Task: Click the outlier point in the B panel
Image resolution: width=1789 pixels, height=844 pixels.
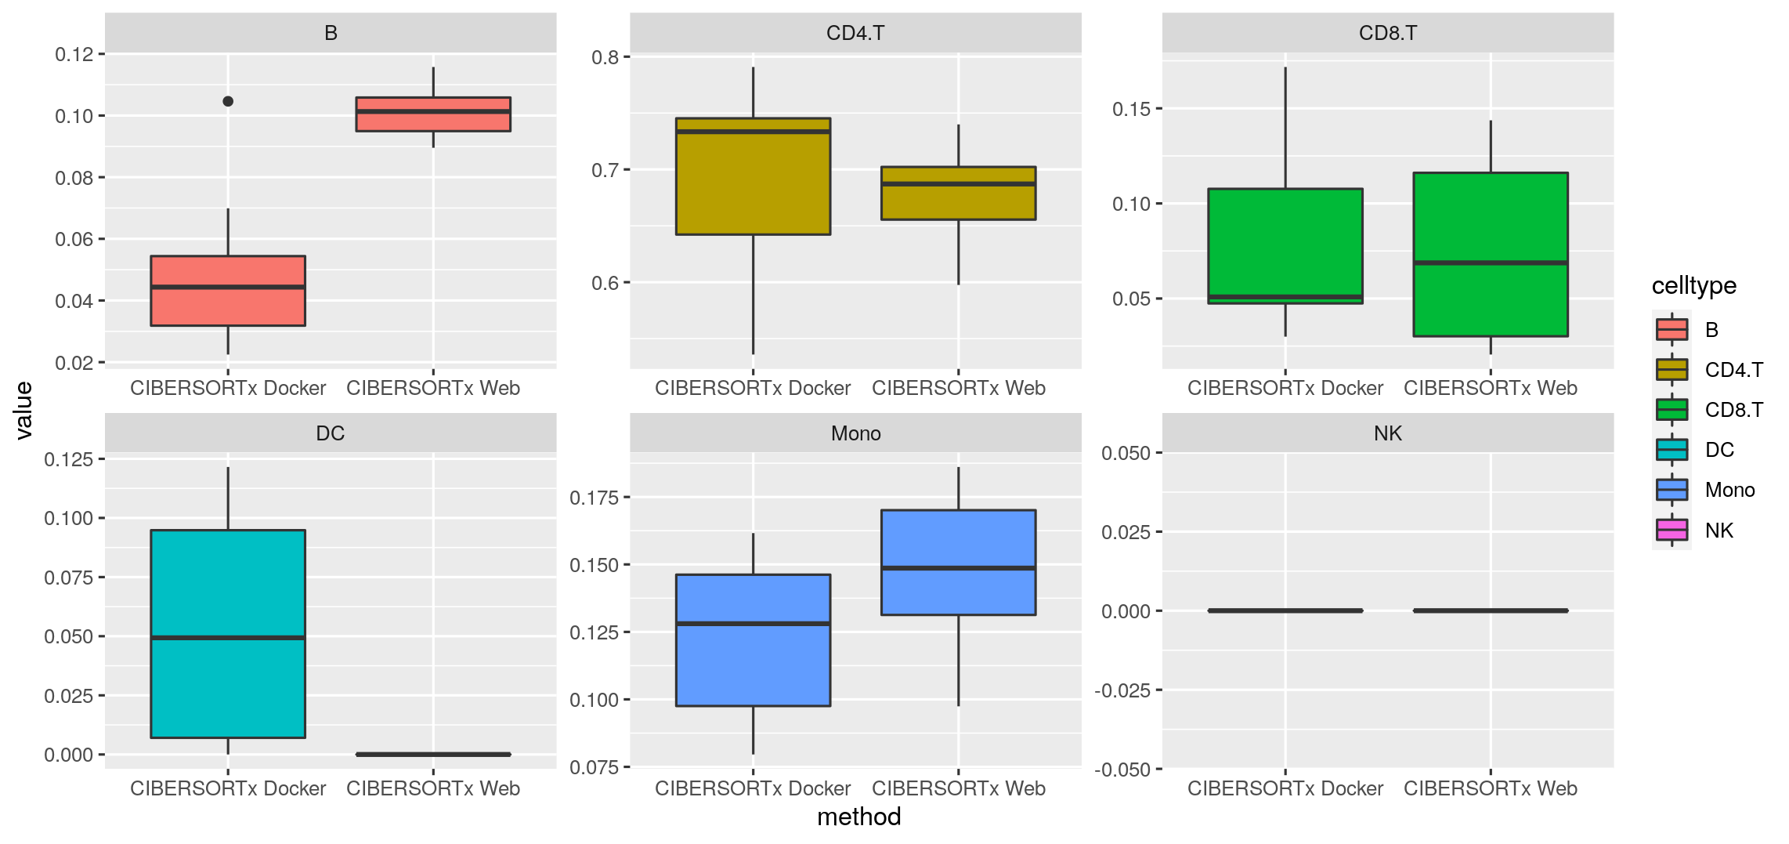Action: coord(228,101)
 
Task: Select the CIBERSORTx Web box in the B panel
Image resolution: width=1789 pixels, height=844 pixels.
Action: coord(433,114)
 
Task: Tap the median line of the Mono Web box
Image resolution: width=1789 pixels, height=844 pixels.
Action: coord(958,568)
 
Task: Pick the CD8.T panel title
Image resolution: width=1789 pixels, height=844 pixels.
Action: coord(1387,33)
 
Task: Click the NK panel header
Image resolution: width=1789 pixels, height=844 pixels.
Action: coord(1387,433)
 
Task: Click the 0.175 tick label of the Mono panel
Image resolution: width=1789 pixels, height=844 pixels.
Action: coord(594,498)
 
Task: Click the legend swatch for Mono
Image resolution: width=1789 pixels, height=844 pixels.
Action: coord(1672,490)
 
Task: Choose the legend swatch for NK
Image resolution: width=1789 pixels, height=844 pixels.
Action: coord(1672,531)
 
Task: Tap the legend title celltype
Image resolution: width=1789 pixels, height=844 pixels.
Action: coord(1693,286)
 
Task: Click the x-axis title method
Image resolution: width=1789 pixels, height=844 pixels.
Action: coord(858,817)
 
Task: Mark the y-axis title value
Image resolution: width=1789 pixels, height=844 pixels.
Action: coord(24,410)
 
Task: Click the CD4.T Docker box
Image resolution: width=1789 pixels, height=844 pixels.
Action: coord(753,176)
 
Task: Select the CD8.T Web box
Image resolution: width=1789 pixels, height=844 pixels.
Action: coord(1490,255)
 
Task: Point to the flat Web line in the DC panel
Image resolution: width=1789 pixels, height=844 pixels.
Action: coord(433,754)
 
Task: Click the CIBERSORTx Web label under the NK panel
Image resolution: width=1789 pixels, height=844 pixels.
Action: coord(1490,788)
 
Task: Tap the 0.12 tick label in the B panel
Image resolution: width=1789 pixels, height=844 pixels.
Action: coord(74,54)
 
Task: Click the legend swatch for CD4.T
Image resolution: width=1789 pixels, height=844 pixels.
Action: coord(1672,369)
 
